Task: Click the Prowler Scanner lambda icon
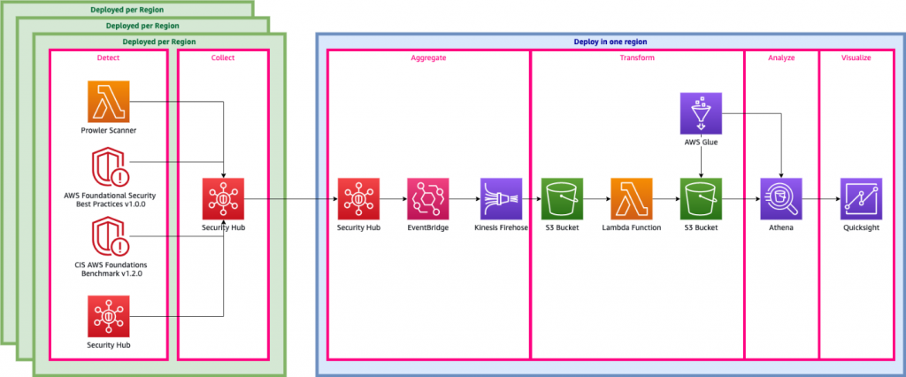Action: pos(109,102)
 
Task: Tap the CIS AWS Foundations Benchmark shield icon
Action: pos(109,238)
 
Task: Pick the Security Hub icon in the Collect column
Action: pos(223,199)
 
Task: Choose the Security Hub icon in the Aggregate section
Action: pos(358,199)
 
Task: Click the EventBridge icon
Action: pos(428,199)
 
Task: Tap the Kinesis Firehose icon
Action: pos(501,199)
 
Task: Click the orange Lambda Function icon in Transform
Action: pos(632,199)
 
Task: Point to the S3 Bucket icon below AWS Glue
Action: pos(702,199)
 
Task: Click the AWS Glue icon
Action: pos(702,114)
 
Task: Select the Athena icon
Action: pos(781,199)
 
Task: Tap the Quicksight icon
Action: pos(860,199)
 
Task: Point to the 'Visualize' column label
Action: pos(856,58)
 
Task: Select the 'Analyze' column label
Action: pos(780,58)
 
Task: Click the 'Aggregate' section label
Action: pos(428,58)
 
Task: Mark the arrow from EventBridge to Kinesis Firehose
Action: pos(465,199)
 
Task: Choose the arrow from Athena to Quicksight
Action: pos(820,199)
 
